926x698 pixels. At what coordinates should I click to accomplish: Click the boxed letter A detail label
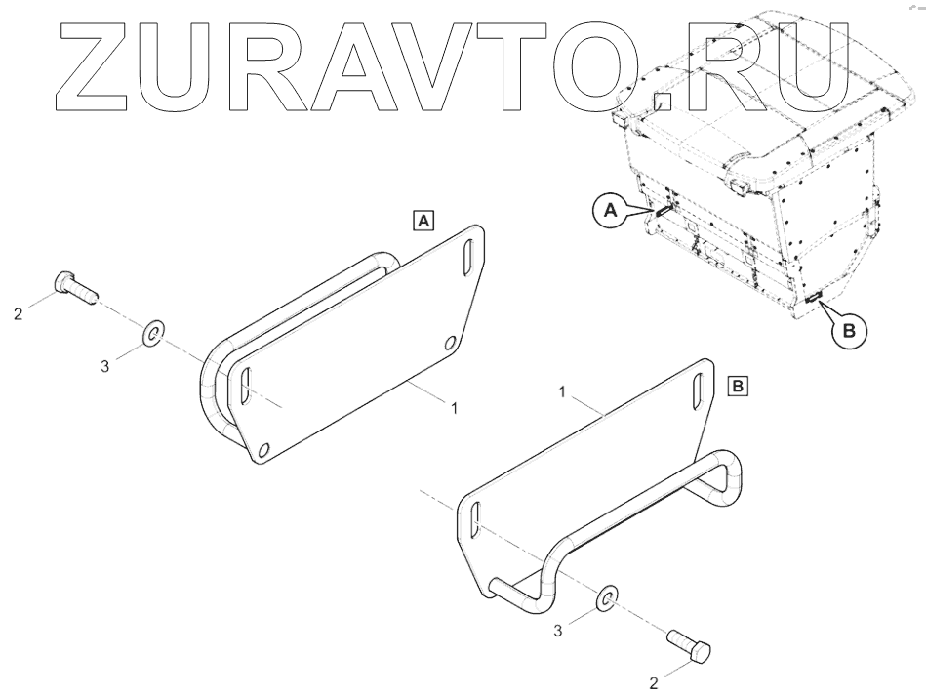[424, 221]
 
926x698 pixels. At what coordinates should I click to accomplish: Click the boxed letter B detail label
[739, 387]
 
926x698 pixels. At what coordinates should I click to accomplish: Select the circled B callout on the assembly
[849, 331]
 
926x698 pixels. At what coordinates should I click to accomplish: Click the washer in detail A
[152, 334]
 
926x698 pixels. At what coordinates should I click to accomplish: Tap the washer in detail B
[606, 596]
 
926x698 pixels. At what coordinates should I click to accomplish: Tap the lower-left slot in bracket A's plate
[244, 387]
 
